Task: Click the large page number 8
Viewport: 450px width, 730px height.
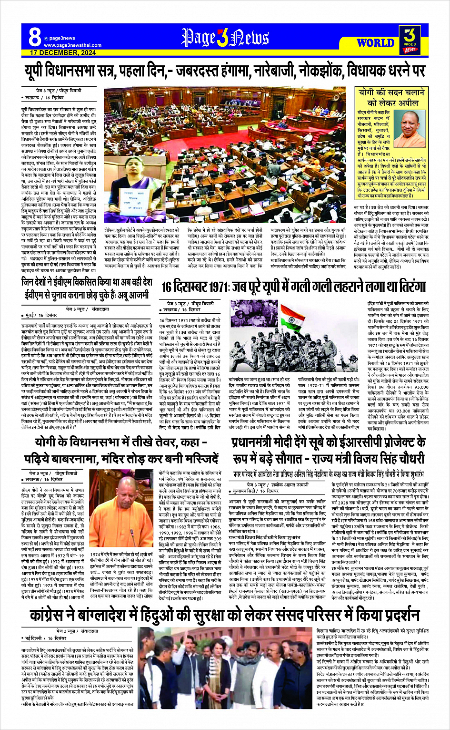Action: [x=35, y=37]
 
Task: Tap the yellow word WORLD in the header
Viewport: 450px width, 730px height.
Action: [x=376, y=43]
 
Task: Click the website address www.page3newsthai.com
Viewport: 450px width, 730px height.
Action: [x=72, y=45]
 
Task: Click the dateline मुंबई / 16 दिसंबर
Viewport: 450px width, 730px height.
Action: [x=41, y=315]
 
